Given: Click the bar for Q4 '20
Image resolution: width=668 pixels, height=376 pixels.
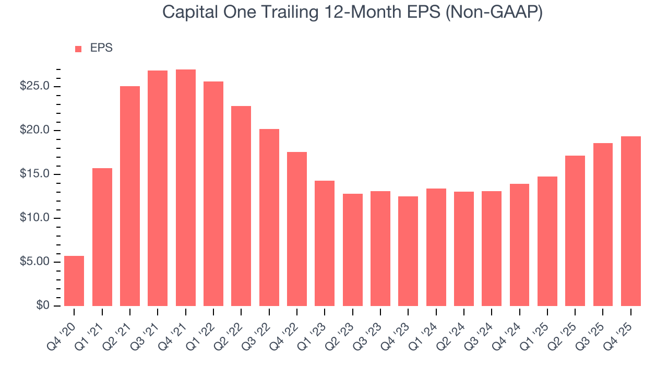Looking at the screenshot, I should tap(74, 281).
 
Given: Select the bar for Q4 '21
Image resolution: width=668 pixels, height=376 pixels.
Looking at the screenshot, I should tap(185, 188).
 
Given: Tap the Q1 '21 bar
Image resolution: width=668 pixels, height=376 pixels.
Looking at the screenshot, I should tap(102, 237).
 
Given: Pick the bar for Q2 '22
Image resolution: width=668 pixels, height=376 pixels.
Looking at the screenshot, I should tap(241, 206).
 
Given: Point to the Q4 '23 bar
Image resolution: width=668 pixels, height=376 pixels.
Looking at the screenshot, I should tap(408, 251).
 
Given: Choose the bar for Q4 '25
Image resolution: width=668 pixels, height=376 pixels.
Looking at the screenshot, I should tap(630, 221).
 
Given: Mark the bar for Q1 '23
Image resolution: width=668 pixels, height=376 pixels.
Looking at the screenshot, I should tap(325, 243).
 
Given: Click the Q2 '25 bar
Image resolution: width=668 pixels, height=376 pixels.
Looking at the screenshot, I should tap(575, 231).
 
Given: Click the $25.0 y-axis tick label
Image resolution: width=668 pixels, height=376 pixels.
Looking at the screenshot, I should tap(35, 87).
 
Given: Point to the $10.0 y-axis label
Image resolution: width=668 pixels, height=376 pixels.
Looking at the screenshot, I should tap(35, 218).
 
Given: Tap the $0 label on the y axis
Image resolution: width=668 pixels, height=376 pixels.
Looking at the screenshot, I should tap(43, 306).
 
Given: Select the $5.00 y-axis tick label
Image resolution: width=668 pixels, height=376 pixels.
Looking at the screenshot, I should tap(35, 262).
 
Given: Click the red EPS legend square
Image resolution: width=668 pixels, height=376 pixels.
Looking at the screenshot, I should tap(78, 49).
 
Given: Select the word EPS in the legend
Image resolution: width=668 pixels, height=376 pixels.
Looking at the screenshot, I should tap(101, 48).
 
